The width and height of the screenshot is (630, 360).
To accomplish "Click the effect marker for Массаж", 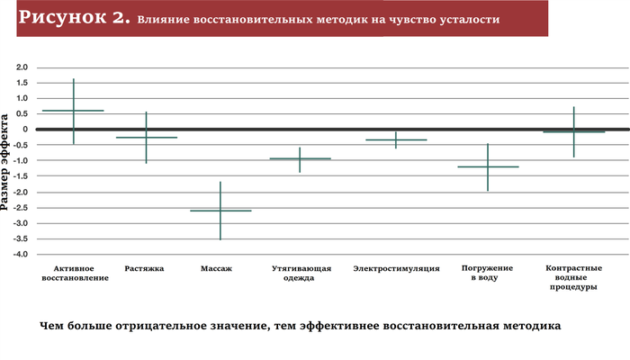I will [x=220, y=211].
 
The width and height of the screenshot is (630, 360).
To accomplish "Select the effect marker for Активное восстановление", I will [x=73, y=111].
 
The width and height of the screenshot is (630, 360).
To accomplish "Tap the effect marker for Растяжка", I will [x=146, y=138].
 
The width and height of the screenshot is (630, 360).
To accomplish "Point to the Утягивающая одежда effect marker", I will [x=300, y=158].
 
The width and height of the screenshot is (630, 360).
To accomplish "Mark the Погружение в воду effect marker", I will [x=487, y=166].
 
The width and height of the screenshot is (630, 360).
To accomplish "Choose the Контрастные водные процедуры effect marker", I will [x=573, y=131].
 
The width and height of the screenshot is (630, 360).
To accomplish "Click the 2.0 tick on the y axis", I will [x=22, y=67].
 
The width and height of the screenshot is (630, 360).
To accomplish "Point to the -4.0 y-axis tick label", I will [x=21, y=255].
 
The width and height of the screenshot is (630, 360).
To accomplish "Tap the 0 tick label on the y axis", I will [x=25, y=130].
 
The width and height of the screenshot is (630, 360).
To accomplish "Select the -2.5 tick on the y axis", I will [x=21, y=208].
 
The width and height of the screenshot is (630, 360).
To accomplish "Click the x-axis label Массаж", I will [x=220, y=269].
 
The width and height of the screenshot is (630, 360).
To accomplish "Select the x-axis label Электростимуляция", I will [x=396, y=269].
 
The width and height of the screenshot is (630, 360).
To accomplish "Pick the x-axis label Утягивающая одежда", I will [x=301, y=274].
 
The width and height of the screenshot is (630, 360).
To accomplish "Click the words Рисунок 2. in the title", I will [x=76, y=17].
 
